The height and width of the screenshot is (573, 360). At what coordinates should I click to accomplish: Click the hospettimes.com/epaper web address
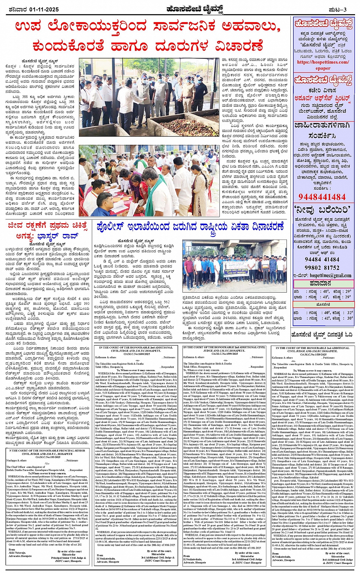point(323,65)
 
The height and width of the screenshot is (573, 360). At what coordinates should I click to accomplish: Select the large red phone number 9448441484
point(322,197)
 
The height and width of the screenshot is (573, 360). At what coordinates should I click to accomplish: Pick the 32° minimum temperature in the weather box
point(349,312)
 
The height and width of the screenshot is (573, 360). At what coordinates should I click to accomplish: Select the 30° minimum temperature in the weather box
point(349,318)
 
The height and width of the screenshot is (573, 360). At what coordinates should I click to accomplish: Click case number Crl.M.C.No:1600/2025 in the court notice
point(136,354)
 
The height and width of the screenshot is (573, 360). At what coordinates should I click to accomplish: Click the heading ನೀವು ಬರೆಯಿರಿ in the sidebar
point(322,210)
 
